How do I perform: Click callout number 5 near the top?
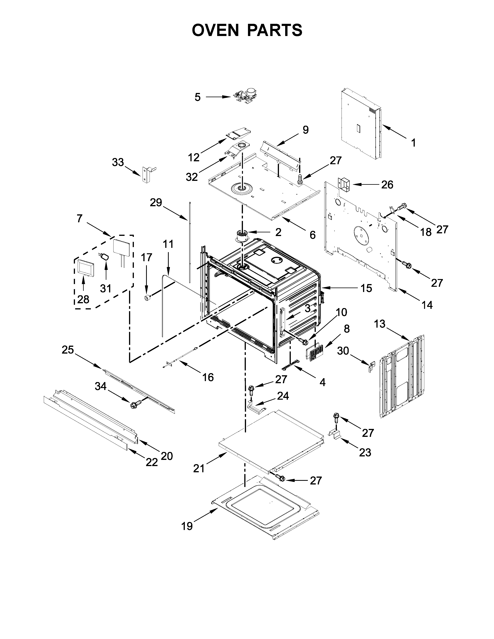coord(198,97)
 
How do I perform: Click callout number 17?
coord(147,258)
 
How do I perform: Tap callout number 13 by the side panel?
coord(380,324)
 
